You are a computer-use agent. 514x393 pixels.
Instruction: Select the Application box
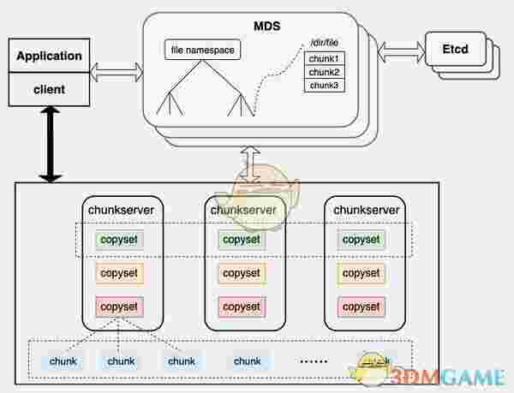tap(49, 57)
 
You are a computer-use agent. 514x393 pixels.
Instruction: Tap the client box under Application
tap(49, 87)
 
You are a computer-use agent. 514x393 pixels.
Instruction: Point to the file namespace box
tap(201, 51)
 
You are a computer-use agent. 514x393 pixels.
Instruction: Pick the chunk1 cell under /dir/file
tap(324, 59)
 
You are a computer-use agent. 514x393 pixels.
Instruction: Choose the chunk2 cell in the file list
tap(324, 72)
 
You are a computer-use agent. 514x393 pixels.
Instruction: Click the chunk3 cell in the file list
tap(324, 86)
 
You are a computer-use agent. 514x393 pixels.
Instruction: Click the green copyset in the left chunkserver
tap(120, 240)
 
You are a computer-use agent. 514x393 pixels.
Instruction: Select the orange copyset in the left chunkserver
tap(120, 273)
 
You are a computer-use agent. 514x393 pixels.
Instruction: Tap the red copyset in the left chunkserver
tap(120, 306)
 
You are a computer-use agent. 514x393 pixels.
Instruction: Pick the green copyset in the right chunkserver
tap(361, 240)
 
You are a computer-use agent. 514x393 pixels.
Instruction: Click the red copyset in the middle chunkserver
tap(241, 306)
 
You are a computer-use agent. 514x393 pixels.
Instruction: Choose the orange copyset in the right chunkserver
tap(361, 273)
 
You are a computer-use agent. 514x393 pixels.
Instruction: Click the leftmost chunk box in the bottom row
tap(63, 361)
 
